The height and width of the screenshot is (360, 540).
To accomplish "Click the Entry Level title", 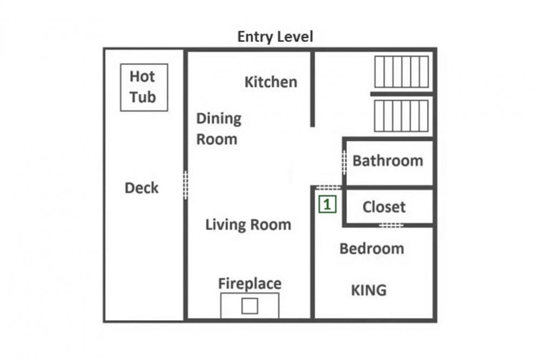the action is (x=275, y=37).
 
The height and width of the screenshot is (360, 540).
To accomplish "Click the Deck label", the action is (x=141, y=188).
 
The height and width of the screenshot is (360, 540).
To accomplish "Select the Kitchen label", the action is (x=271, y=82).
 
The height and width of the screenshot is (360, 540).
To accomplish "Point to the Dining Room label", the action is (x=219, y=128).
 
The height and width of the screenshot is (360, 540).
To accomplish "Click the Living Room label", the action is (x=248, y=225).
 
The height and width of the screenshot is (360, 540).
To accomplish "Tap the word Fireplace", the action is (x=249, y=283).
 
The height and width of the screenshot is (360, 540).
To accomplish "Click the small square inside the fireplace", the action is (x=249, y=306).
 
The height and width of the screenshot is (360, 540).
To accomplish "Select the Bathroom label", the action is (x=388, y=161).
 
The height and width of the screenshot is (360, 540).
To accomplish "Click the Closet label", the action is (x=384, y=207).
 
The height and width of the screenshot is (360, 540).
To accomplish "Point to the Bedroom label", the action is (x=372, y=248).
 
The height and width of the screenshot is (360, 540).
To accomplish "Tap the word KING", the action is (x=368, y=290).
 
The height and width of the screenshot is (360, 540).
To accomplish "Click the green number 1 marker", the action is (x=327, y=205).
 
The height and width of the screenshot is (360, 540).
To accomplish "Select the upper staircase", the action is (x=402, y=72).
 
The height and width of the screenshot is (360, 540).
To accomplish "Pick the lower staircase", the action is (x=402, y=116).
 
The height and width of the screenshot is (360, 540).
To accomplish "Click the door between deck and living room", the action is (x=185, y=185).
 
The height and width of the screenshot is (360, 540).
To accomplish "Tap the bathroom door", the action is (x=344, y=162).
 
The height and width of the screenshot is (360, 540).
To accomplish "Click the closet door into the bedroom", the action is (x=391, y=226).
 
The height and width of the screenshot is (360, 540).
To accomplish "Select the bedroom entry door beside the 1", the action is (x=328, y=188).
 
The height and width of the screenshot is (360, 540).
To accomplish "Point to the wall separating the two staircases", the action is (x=402, y=94).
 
